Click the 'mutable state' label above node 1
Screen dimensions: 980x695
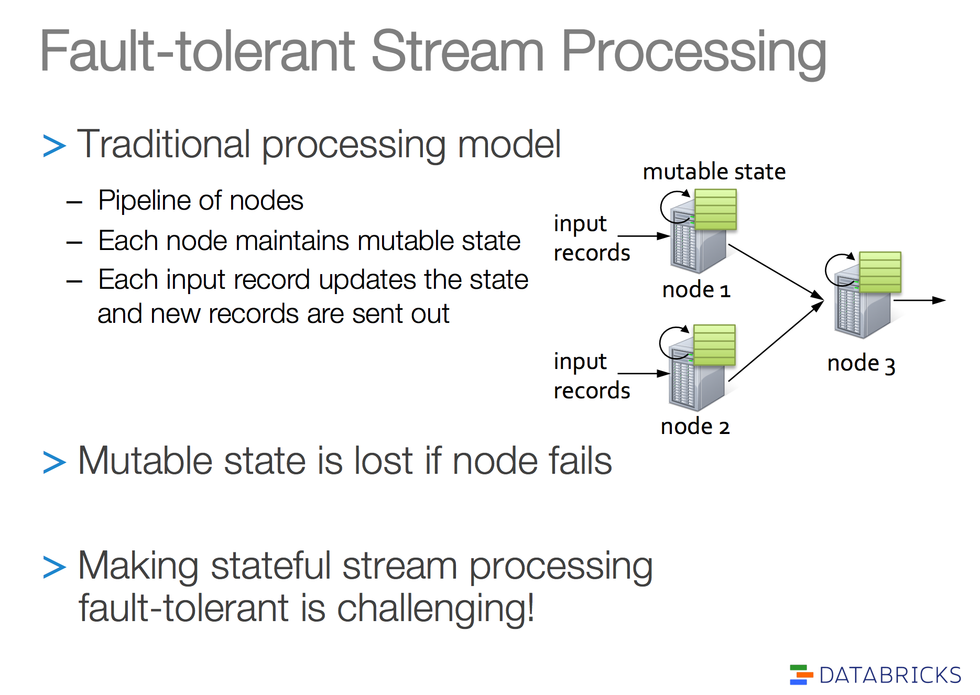click(714, 171)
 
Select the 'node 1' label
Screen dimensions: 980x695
click(696, 289)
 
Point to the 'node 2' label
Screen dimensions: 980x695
click(695, 427)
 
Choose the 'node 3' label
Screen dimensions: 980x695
click(861, 363)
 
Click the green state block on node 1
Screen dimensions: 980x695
click(715, 209)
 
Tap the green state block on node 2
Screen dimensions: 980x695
click(714, 345)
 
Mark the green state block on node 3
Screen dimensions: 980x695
click(880, 272)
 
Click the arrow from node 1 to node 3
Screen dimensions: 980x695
click(776, 273)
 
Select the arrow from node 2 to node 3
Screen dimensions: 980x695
click(776, 341)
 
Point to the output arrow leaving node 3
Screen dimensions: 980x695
click(919, 300)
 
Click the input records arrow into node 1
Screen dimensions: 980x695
click(644, 236)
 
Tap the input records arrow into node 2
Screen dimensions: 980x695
click(644, 374)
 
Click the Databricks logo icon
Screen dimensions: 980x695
click(801, 675)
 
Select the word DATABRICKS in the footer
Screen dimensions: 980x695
click(890, 675)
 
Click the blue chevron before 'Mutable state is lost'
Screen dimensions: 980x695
click(55, 462)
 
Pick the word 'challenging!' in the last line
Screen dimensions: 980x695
click(435, 609)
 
